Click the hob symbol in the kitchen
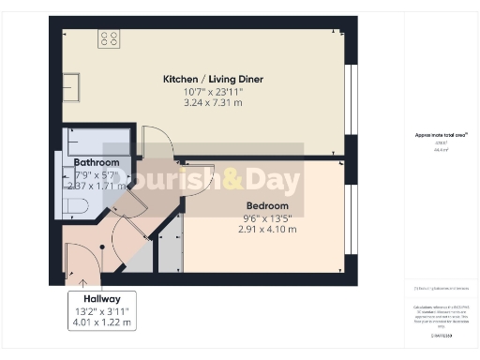(109, 38)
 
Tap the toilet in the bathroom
(75, 206)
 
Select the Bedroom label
(267, 206)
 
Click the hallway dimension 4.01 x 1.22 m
(102, 322)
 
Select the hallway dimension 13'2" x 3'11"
(102, 310)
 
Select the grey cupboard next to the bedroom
(165, 248)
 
